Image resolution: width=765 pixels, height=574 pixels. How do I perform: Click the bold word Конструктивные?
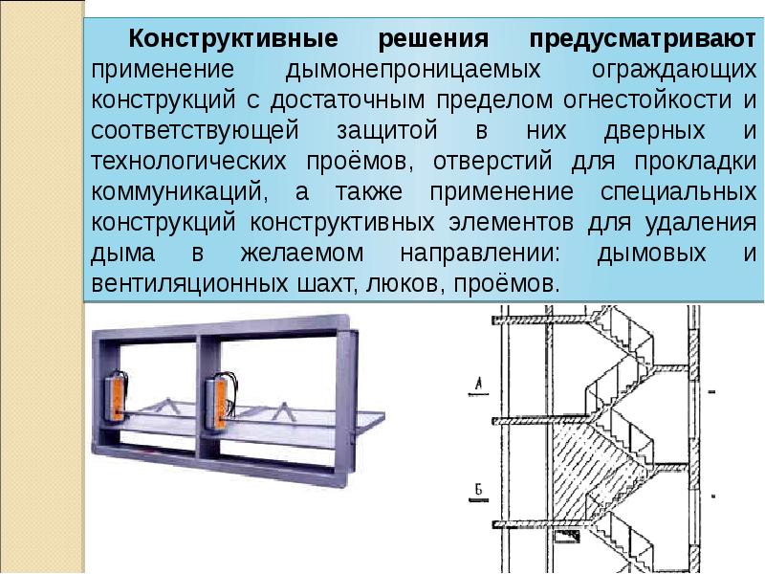pyautogui.click(x=233, y=38)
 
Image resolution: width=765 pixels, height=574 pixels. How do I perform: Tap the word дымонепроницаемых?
pyautogui.click(x=413, y=70)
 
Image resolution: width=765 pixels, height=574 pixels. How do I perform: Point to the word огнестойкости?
pyautogui.click(x=647, y=100)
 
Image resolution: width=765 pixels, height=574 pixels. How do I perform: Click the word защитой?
pyautogui.click(x=387, y=131)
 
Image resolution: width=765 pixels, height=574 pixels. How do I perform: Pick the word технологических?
pyautogui.click(x=188, y=162)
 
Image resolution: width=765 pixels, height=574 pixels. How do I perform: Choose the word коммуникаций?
pyautogui.click(x=179, y=192)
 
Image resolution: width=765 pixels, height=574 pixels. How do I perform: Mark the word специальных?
pyautogui.click(x=678, y=192)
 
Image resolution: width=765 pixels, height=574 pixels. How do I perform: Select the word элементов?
pyautogui.click(x=511, y=223)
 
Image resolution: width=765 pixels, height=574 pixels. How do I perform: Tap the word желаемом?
pyautogui.click(x=302, y=254)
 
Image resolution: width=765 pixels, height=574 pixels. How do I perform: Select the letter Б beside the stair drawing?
pyautogui.click(x=479, y=489)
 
